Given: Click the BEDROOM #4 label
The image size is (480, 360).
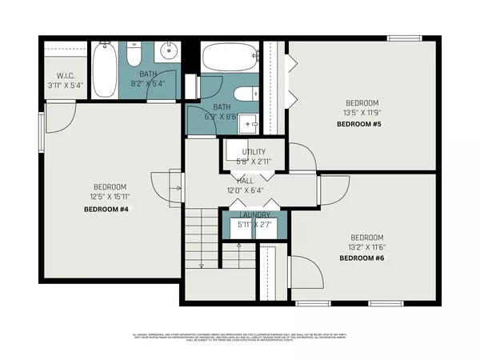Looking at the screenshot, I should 106,209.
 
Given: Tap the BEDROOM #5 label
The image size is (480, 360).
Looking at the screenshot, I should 361,125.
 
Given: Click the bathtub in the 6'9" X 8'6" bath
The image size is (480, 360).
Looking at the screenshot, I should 230,58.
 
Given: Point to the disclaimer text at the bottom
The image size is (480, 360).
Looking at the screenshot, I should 240,337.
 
